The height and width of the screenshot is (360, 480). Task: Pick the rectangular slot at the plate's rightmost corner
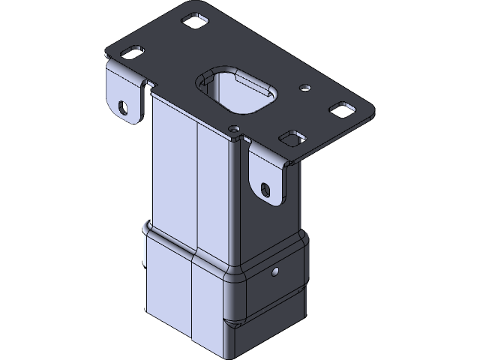pyautogui.click(x=342, y=110)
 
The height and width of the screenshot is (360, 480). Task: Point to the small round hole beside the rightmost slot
pyautogui.click(x=304, y=88)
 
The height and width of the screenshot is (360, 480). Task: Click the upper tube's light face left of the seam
pyautogui.click(x=172, y=172)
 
